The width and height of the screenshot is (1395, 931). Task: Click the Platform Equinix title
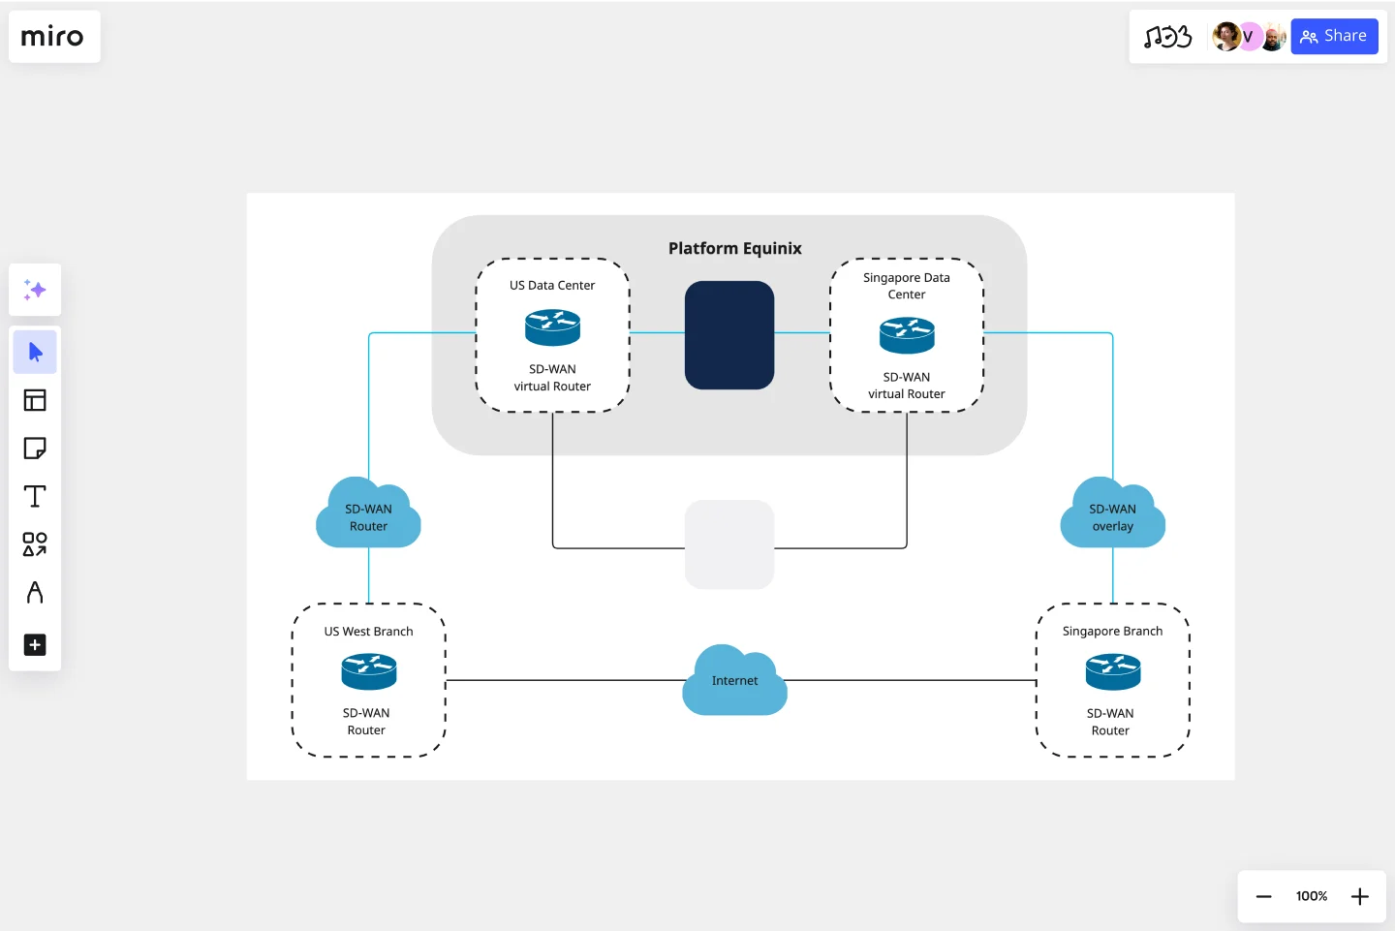[x=734, y=249]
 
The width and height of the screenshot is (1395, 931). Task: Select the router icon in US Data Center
[x=552, y=327]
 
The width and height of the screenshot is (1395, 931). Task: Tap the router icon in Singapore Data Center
[x=907, y=335]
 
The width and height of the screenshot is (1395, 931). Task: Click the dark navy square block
[x=729, y=335]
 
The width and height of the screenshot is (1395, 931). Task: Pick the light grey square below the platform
[x=729, y=544]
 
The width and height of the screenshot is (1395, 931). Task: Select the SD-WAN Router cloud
[x=368, y=516]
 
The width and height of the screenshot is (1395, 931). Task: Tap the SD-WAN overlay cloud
[x=1112, y=516]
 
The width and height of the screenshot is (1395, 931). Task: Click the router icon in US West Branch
[x=368, y=671]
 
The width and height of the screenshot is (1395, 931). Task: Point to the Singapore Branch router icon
[x=1112, y=671]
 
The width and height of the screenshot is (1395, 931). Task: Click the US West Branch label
[x=368, y=632]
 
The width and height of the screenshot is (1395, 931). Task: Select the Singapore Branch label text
[x=1112, y=632]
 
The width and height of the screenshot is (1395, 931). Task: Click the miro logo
[x=53, y=37]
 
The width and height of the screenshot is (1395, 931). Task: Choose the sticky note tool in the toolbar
[x=35, y=449]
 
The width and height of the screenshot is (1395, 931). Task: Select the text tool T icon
[x=35, y=496]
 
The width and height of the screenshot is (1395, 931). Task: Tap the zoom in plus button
[x=1360, y=896]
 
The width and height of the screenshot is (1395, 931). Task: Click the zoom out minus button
[x=1263, y=896]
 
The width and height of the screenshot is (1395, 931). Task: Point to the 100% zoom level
[x=1312, y=896]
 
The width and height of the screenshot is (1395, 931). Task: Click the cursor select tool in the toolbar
[x=35, y=352]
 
